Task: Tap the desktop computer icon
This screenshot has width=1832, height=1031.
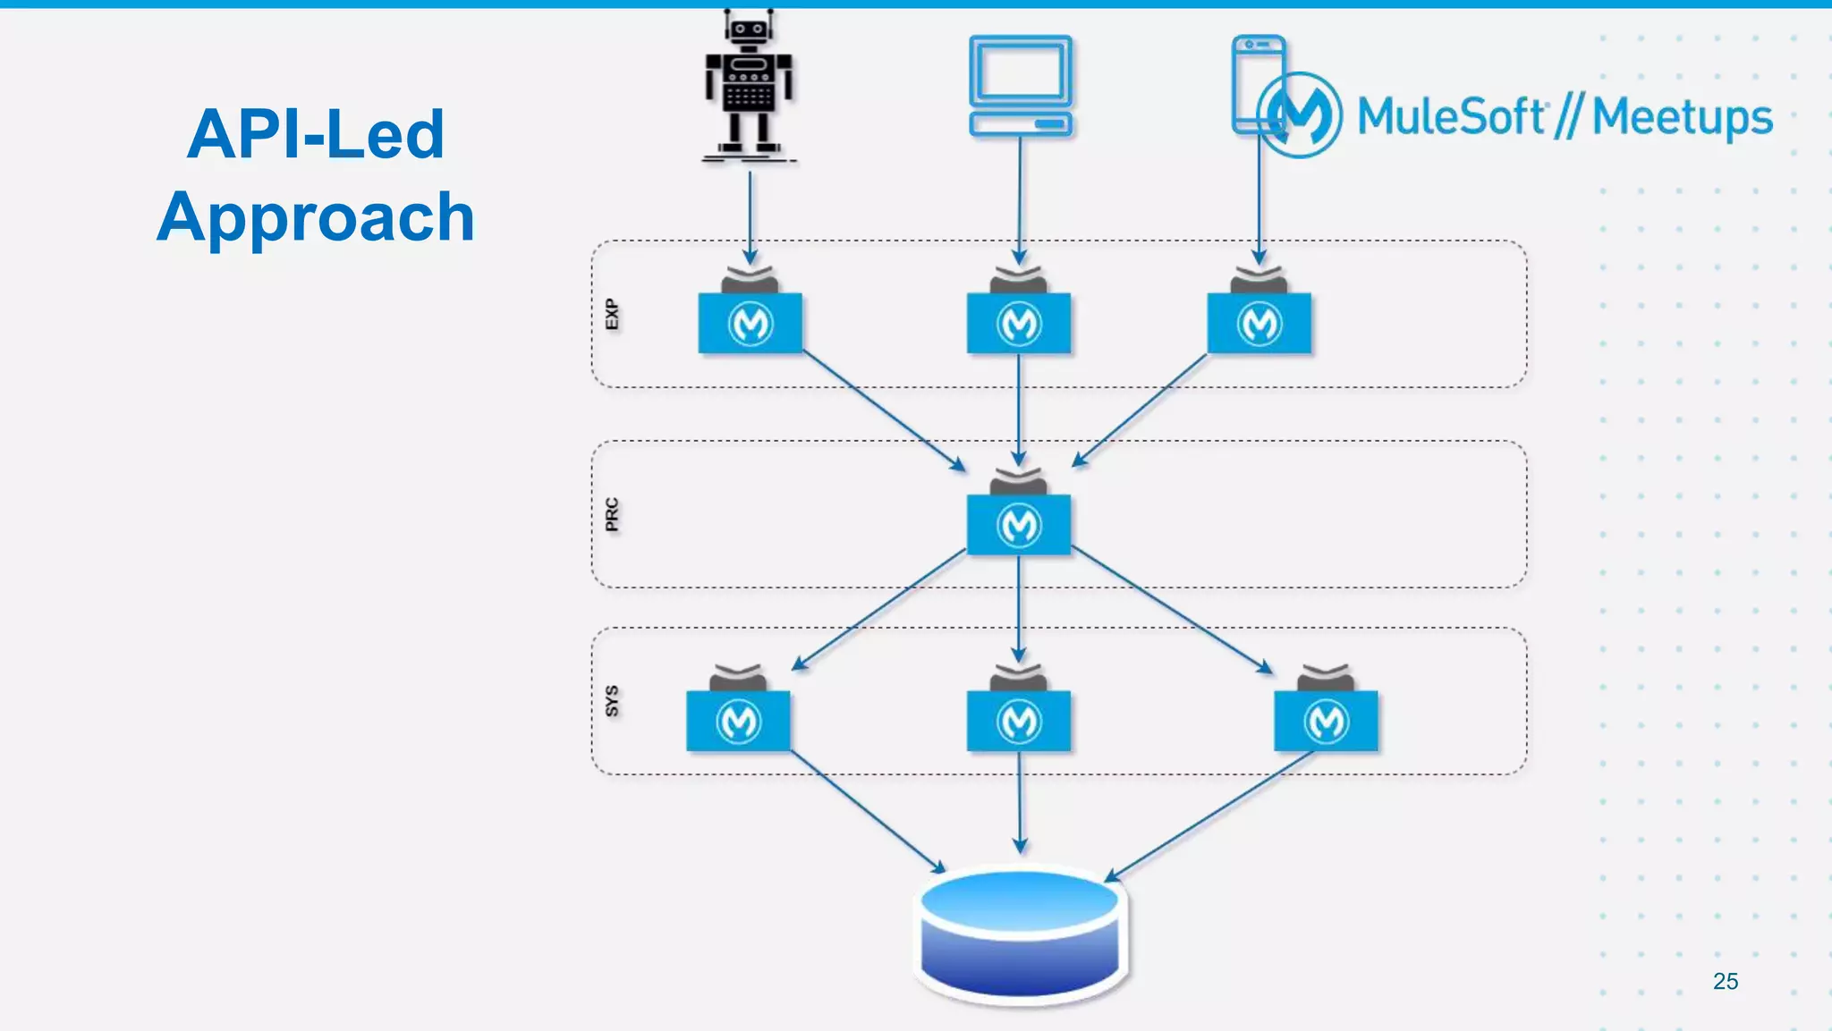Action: pyautogui.click(x=1021, y=86)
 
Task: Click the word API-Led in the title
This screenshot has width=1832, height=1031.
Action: pyautogui.click(x=315, y=134)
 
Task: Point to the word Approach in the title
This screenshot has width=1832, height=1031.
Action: pyautogui.click(x=315, y=217)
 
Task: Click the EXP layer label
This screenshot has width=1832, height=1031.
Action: pyautogui.click(x=612, y=315)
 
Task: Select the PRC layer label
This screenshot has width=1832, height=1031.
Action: pyautogui.click(x=612, y=515)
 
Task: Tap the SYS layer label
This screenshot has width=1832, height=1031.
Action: pyautogui.click(x=612, y=701)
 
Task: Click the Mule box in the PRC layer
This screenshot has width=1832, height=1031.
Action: pyautogui.click(x=1019, y=524)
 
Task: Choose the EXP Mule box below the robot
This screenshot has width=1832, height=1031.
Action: pyautogui.click(x=750, y=323)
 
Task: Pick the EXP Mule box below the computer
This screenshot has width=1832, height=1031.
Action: pyautogui.click(x=1019, y=323)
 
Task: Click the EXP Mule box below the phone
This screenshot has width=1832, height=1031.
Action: pyautogui.click(x=1259, y=323)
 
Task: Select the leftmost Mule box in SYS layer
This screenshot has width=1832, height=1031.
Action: pyautogui.click(x=738, y=721)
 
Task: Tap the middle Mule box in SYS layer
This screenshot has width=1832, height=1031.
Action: pyautogui.click(x=1019, y=721)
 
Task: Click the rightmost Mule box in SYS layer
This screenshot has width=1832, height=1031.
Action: pyautogui.click(x=1326, y=721)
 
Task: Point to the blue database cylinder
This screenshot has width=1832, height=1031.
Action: pyautogui.click(x=1021, y=934)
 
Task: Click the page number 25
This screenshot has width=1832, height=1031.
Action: pyautogui.click(x=1725, y=981)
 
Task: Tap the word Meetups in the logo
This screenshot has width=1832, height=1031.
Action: pyautogui.click(x=1682, y=118)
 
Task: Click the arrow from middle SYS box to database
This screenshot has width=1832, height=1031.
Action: pyautogui.click(x=1020, y=801)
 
